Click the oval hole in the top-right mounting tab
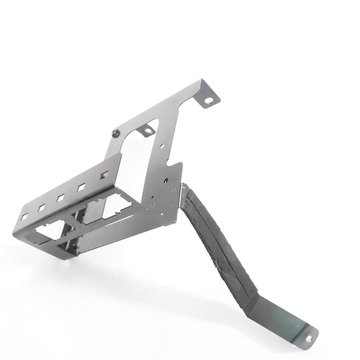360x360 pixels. tap(209, 100)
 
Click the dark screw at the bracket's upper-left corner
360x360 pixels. tap(116, 133)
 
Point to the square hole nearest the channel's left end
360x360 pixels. tap(24, 217)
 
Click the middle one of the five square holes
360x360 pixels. tap(60, 198)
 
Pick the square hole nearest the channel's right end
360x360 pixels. tap(104, 175)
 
